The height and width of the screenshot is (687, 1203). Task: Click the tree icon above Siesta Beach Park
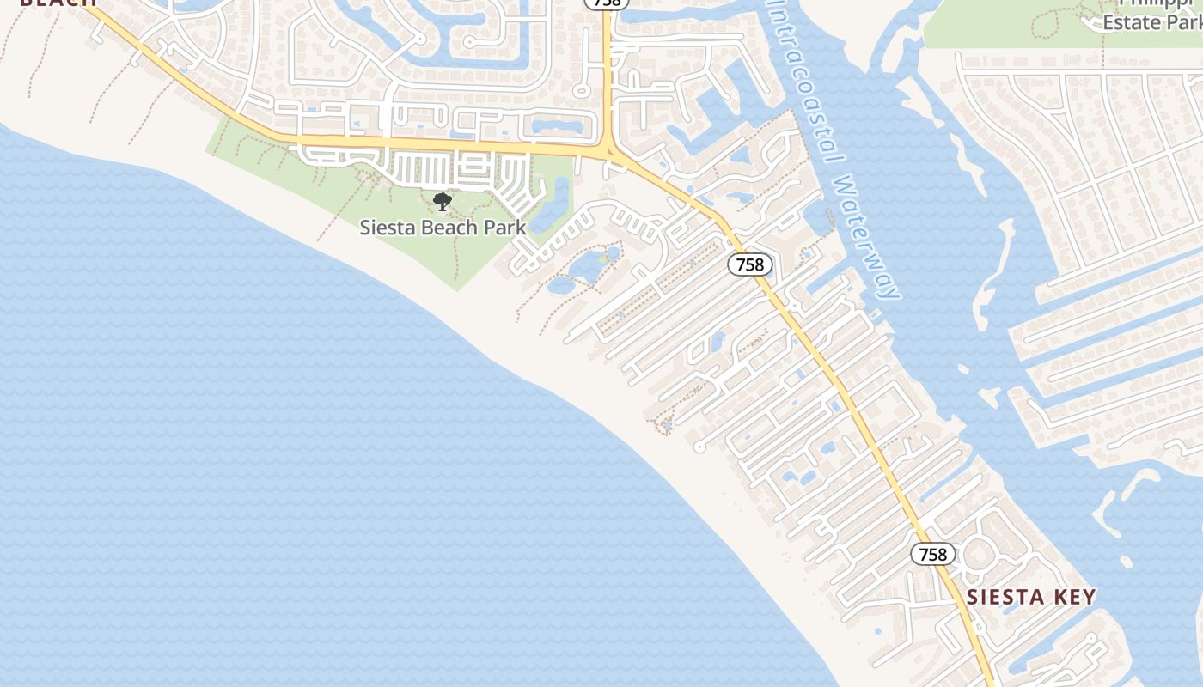pos(442,203)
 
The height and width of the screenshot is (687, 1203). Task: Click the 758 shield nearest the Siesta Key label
pos(932,555)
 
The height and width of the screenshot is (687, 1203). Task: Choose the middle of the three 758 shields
pos(750,264)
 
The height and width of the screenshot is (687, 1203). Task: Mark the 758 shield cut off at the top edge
pos(607,3)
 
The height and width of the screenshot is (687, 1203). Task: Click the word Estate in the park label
pos(1131,22)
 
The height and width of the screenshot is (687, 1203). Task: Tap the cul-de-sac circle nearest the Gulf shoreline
pos(699,447)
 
